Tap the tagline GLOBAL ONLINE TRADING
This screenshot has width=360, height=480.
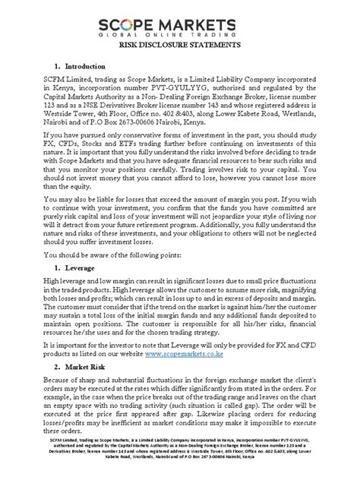click(179, 33)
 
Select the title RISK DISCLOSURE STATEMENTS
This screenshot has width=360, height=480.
click(180, 46)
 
